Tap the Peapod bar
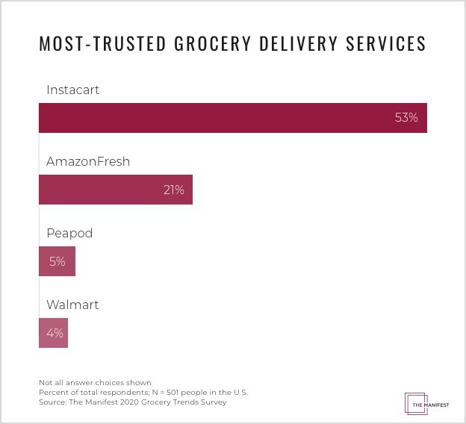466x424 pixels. coord(57,261)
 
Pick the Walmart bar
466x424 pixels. coord(53,333)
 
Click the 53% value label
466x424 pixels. coord(406,118)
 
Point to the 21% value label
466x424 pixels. coord(173,190)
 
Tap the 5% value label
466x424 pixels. coord(58,261)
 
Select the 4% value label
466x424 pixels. coord(55,333)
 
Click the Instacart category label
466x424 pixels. coord(72,90)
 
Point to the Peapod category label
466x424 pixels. coord(69,233)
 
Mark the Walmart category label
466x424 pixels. coord(72,305)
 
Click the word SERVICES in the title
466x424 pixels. coord(385,43)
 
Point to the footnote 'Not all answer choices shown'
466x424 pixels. coord(95,383)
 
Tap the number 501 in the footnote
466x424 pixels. coord(167,393)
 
